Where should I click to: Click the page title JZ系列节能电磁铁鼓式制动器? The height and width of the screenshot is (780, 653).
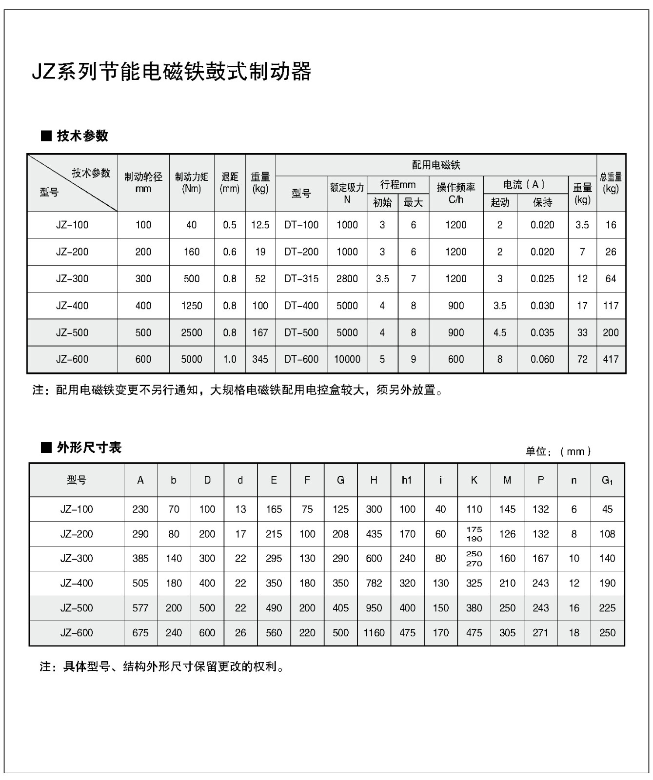(171, 72)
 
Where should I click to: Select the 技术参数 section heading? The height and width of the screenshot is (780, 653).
(82, 136)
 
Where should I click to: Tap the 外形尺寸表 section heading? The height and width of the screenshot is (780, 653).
(88, 448)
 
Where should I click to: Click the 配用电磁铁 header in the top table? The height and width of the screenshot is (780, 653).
(436, 165)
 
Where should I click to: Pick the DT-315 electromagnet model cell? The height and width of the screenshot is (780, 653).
(301, 279)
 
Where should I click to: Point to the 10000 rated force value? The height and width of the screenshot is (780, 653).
(347, 359)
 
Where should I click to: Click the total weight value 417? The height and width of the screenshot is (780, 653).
(611, 359)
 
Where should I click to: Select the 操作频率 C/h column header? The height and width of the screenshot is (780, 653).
(455, 193)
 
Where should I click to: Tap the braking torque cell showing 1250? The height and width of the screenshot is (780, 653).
(192, 306)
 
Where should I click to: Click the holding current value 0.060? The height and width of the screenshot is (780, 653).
(542, 359)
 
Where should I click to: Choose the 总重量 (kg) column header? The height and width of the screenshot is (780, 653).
(611, 182)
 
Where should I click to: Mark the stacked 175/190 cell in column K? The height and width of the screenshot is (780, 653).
(474, 534)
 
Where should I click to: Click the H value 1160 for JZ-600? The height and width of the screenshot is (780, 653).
(374, 633)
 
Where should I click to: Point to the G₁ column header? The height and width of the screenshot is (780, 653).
(607, 480)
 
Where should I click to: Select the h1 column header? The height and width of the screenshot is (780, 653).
(407, 480)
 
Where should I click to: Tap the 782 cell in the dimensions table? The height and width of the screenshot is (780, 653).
(374, 583)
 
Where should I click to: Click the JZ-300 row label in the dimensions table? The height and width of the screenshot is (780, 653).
(77, 559)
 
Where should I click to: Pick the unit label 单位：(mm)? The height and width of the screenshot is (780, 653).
(558, 451)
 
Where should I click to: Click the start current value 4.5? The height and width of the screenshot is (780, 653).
(500, 332)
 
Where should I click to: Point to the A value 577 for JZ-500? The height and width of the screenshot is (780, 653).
(140, 608)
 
